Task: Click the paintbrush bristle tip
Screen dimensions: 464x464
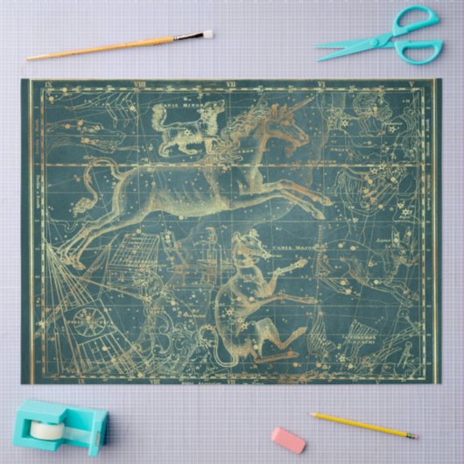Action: click(207, 34)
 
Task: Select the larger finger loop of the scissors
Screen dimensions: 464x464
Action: click(418, 50)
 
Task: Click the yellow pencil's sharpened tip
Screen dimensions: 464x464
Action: click(416, 435)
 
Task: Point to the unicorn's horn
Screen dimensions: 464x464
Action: click(300, 105)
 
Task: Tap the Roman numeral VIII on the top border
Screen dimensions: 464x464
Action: click(141, 86)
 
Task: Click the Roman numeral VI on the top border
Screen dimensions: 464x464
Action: click(320, 86)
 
